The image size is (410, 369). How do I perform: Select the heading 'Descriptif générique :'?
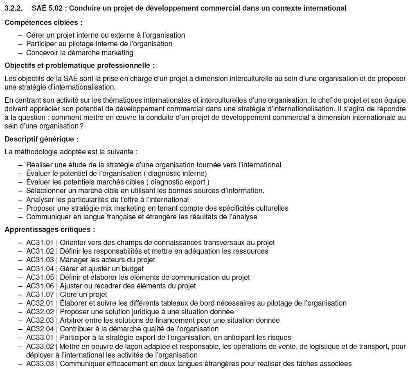(x=41, y=139)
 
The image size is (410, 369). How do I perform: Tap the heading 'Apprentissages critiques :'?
(x=50, y=229)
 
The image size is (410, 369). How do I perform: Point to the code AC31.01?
(x=40, y=243)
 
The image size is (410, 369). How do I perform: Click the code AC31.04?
(x=40, y=269)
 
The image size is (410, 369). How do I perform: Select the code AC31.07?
(x=40, y=295)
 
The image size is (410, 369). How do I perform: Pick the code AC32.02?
(x=40, y=312)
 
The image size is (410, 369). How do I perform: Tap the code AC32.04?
(x=40, y=329)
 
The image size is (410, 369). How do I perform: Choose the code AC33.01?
(x=40, y=337)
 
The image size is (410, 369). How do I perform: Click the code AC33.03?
(x=40, y=364)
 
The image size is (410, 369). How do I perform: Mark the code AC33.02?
(x=40, y=346)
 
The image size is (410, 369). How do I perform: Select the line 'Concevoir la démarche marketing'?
(x=79, y=53)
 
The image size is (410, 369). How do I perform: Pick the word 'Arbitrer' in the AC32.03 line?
(x=73, y=320)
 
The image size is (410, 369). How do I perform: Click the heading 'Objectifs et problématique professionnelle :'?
(x=79, y=65)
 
